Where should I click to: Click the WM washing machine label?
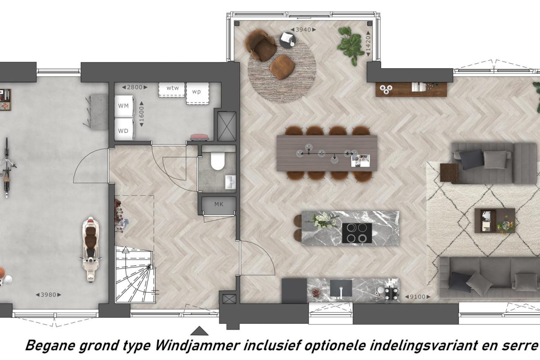(x=123, y=106)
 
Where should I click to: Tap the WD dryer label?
(x=123, y=131)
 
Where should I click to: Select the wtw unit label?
(x=172, y=88)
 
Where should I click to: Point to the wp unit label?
(x=196, y=92)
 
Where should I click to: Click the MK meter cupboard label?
(x=219, y=205)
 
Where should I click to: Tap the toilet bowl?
(x=217, y=162)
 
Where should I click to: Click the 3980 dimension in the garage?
(x=48, y=294)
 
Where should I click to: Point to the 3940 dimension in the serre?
(x=303, y=30)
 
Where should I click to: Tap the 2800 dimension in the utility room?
(x=135, y=87)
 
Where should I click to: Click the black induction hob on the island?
(x=357, y=233)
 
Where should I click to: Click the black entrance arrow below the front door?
(x=199, y=331)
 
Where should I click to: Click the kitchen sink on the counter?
(x=341, y=288)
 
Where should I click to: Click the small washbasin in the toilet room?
(x=230, y=182)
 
